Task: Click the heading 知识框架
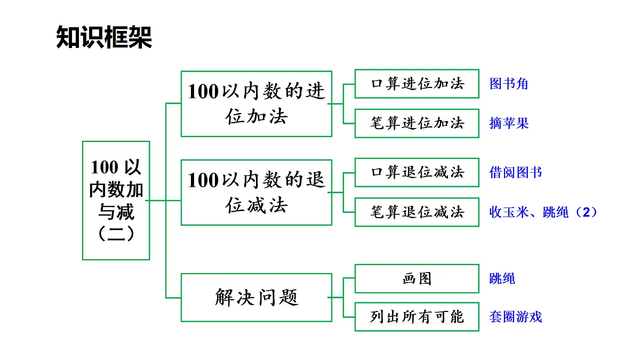[104, 37]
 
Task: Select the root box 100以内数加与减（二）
[116, 201]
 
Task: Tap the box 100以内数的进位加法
[257, 103]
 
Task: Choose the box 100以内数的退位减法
[257, 193]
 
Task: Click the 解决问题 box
[257, 298]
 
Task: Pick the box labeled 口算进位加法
[417, 84]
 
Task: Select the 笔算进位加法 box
[417, 123]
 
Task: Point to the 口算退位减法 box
[417, 172]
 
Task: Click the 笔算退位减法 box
[417, 212]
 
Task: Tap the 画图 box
[417, 278]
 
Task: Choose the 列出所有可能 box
[417, 317]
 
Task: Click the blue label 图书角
[509, 84]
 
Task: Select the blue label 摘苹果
[509, 123]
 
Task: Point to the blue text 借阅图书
[515, 173]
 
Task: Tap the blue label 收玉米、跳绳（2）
[543, 212]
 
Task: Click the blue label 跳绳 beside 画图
[502, 278]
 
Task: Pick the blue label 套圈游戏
[515, 317]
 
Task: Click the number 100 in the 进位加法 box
[203, 91]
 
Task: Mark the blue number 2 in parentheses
[586, 212]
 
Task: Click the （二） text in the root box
[116, 234]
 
